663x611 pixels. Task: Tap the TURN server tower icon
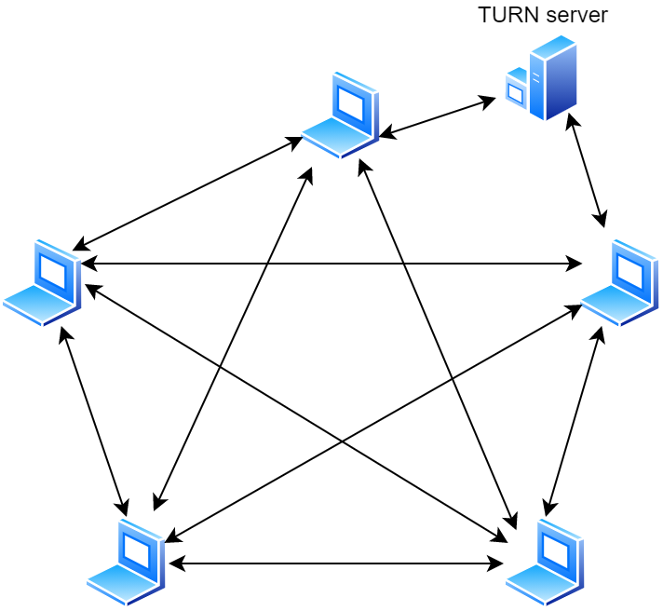point(542,78)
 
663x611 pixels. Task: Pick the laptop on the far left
point(42,282)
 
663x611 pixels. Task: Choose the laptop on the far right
point(620,282)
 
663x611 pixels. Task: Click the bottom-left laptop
point(127,562)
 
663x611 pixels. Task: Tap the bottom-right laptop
point(545,562)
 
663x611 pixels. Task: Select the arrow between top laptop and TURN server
point(438,117)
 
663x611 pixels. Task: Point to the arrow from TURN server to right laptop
point(587,170)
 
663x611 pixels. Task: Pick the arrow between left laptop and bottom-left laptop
point(93,420)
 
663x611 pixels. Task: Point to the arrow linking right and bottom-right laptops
point(575,420)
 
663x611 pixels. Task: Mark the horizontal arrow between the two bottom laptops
point(336,563)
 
